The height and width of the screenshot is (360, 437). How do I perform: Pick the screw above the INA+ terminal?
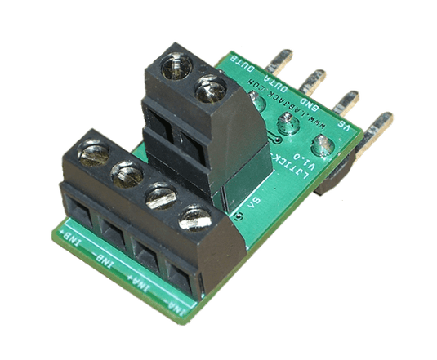pos(160,196)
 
